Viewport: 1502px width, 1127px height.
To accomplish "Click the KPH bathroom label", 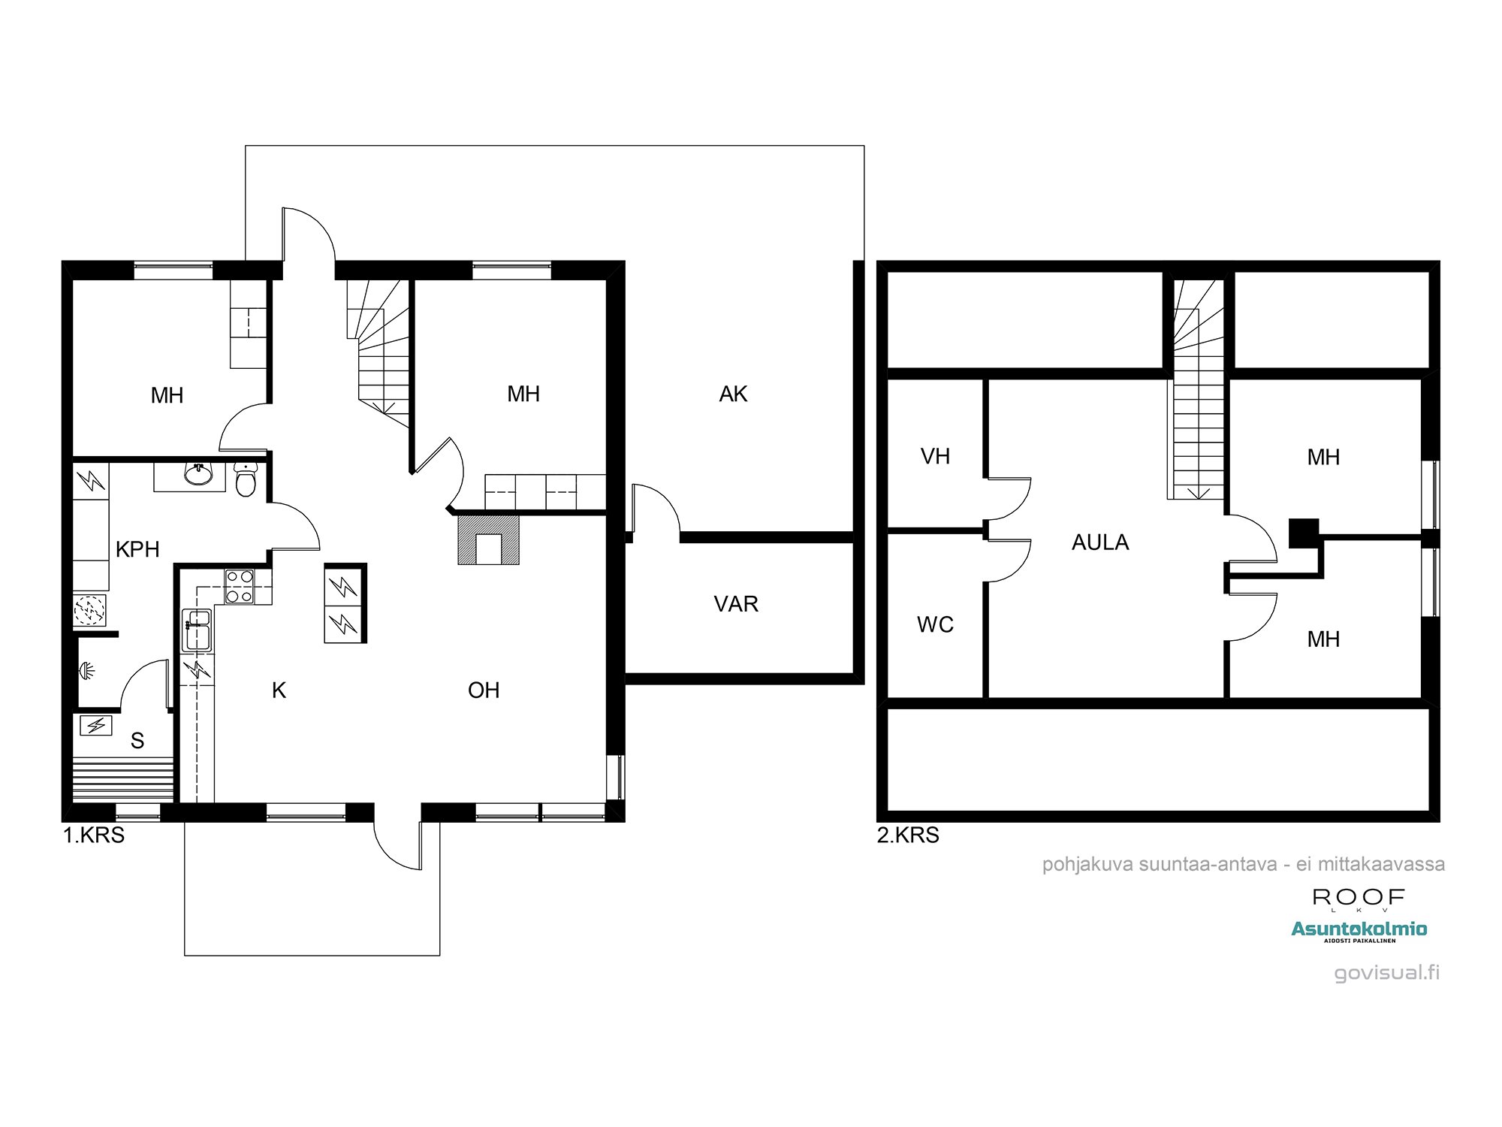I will [137, 549].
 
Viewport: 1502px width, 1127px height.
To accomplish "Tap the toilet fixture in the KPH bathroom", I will [246, 479].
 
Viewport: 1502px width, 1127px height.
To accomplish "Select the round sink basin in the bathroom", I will [198, 474].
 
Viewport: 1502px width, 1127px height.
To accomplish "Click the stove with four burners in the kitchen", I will [240, 587].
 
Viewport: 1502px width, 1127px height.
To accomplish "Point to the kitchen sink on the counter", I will [198, 629].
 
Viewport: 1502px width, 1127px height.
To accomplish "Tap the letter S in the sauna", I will [137, 741].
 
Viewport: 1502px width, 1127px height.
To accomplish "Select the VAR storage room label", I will [736, 604].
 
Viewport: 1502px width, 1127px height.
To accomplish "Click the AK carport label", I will [733, 394].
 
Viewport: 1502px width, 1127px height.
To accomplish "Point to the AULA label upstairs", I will [1099, 542].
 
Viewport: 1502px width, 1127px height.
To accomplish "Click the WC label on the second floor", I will [935, 624].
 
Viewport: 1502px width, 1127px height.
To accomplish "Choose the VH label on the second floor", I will [935, 456].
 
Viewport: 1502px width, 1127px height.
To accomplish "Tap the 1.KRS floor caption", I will [94, 835].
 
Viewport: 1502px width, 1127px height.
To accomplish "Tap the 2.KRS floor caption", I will [908, 835].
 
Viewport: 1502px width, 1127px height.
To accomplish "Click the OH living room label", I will [484, 690].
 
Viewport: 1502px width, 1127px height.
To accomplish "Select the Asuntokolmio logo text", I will [1359, 929].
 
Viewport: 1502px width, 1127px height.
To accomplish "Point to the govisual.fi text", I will [1386, 972].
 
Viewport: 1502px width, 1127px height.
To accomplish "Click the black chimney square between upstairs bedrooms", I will [1304, 533].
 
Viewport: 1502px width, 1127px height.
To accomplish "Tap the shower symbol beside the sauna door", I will [87, 670].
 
